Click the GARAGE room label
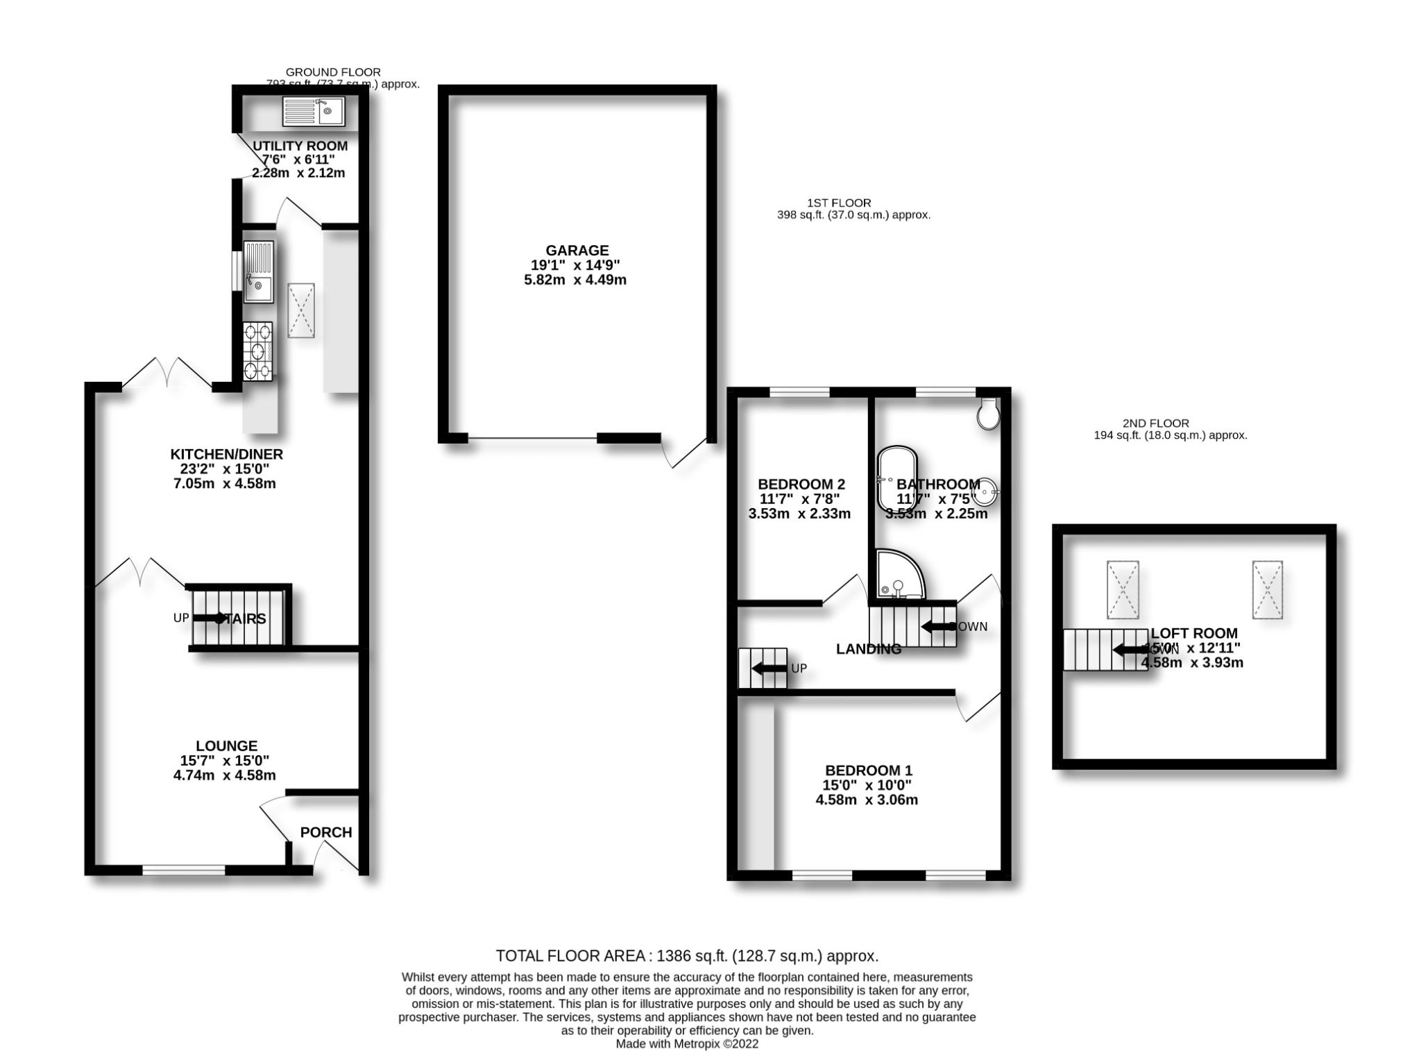pos(577,251)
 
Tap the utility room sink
pos(314,111)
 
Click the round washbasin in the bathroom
pos(985,493)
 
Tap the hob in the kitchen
pos(258,352)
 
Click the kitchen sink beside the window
pos(258,271)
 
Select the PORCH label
pos(326,832)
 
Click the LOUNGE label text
pos(226,746)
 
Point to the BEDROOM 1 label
pos(868,771)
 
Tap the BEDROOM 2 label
pos(801,484)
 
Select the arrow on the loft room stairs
pos(1130,650)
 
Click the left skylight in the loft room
pos(1122,589)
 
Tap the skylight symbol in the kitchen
pos(301,310)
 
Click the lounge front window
pos(184,869)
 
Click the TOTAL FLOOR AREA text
pos(687,956)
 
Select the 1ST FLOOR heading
pos(838,203)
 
